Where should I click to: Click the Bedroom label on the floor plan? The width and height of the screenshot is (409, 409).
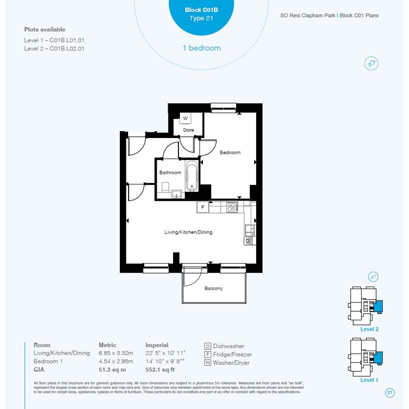[x=230, y=152]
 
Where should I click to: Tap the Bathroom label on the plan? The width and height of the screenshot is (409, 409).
[x=170, y=172]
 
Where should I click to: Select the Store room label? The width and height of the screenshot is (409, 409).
[x=188, y=130]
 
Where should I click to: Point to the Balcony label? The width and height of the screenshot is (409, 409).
[x=214, y=288]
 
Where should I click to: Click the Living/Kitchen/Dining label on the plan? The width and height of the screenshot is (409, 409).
[x=188, y=232]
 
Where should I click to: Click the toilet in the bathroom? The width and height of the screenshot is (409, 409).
[x=165, y=187]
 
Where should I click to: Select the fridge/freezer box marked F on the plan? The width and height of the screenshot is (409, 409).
[x=203, y=207]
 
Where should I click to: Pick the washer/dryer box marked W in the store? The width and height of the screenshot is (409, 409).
[x=185, y=118]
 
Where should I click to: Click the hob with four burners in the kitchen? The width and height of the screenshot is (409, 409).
[x=232, y=207]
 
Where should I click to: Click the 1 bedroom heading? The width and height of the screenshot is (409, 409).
[x=202, y=48]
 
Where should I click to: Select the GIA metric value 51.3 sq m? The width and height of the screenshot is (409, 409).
[x=112, y=370]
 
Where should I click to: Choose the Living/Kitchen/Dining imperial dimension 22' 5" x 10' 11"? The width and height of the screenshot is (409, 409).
[x=165, y=353]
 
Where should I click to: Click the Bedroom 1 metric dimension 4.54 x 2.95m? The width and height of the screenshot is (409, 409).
[x=116, y=361]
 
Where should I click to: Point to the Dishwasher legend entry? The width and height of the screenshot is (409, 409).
[x=224, y=346]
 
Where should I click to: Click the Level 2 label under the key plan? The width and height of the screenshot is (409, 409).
[x=369, y=329]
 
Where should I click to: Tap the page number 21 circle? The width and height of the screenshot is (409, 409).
[x=390, y=393]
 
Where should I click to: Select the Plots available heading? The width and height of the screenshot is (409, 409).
[x=45, y=29]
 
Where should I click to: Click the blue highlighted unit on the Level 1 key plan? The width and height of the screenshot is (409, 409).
[x=378, y=357]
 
